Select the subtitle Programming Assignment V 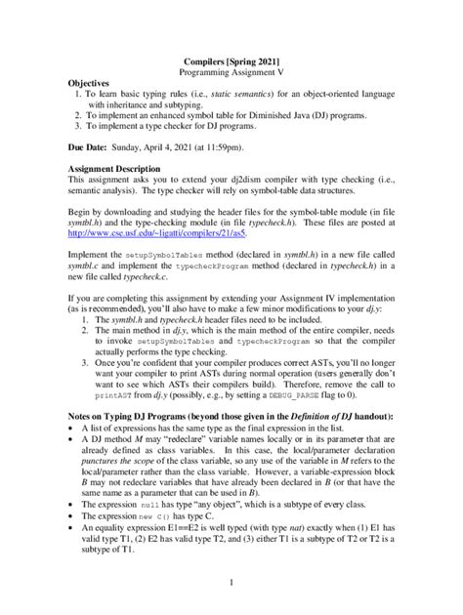click(231, 73)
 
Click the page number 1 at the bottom click(231, 583)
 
